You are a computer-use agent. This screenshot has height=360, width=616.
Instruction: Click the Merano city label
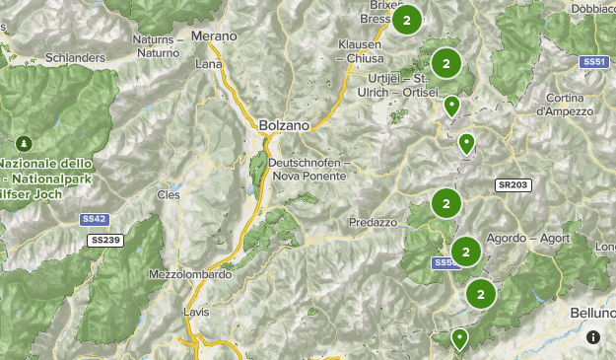pyautogui.click(x=214, y=36)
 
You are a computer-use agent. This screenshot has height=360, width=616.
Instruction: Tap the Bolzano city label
pyautogui.click(x=284, y=126)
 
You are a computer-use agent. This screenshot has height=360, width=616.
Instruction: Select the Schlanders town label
pyautogui.click(x=74, y=58)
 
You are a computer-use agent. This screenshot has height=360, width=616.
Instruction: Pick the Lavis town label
pyautogui.click(x=196, y=312)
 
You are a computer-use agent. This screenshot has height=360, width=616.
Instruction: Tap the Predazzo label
pyautogui.click(x=372, y=223)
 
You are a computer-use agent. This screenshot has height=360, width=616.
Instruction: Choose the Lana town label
pyautogui.click(x=209, y=64)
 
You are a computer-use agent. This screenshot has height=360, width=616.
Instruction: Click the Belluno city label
pyautogui.click(x=592, y=312)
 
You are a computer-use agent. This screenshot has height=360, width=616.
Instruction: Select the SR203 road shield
pyautogui.click(x=513, y=184)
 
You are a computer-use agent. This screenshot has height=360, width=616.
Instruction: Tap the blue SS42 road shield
pyautogui.click(x=94, y=220)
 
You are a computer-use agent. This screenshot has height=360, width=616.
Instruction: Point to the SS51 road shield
pyautogui.click(x=593, y=61)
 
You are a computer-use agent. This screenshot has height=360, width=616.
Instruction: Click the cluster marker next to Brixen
pyautogui.click(x=406, y=20)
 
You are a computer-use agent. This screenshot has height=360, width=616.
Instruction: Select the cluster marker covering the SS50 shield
pyautogui.click(x=465, y=251)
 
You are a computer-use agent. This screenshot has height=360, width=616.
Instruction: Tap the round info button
pyautogui.click(x=593, y=337)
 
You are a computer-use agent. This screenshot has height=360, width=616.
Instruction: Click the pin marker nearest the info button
pyautogui.click(x=459, y=339)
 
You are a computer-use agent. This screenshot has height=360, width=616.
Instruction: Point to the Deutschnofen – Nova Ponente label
pyautogui.click(x=308, y=169)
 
